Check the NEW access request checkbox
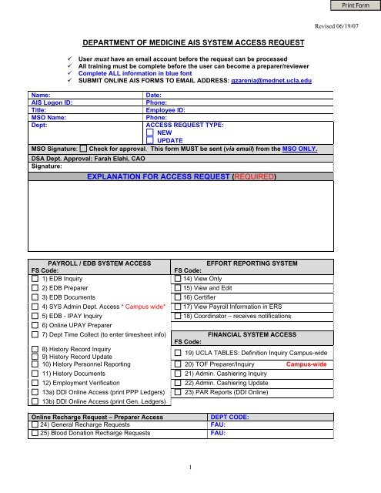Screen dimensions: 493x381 pyautogui.click(x=150, y=133)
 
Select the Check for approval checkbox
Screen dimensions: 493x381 pyautogui.click(x=82, y=149)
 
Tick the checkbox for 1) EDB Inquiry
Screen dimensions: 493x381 pyautogui.click(x=35, y=280)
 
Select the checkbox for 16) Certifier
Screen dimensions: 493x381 pyautogui.click(x=179, y=297)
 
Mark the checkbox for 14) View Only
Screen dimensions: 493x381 pyautogui.click(x=179, y=279)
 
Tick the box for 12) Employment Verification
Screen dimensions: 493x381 pyautogui.click(x=35, y=382)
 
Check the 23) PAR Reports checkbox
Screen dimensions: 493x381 pyautogui.click(x=179, y=391)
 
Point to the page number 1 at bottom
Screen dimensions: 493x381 pyautogui.click(x=191, y=466)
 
